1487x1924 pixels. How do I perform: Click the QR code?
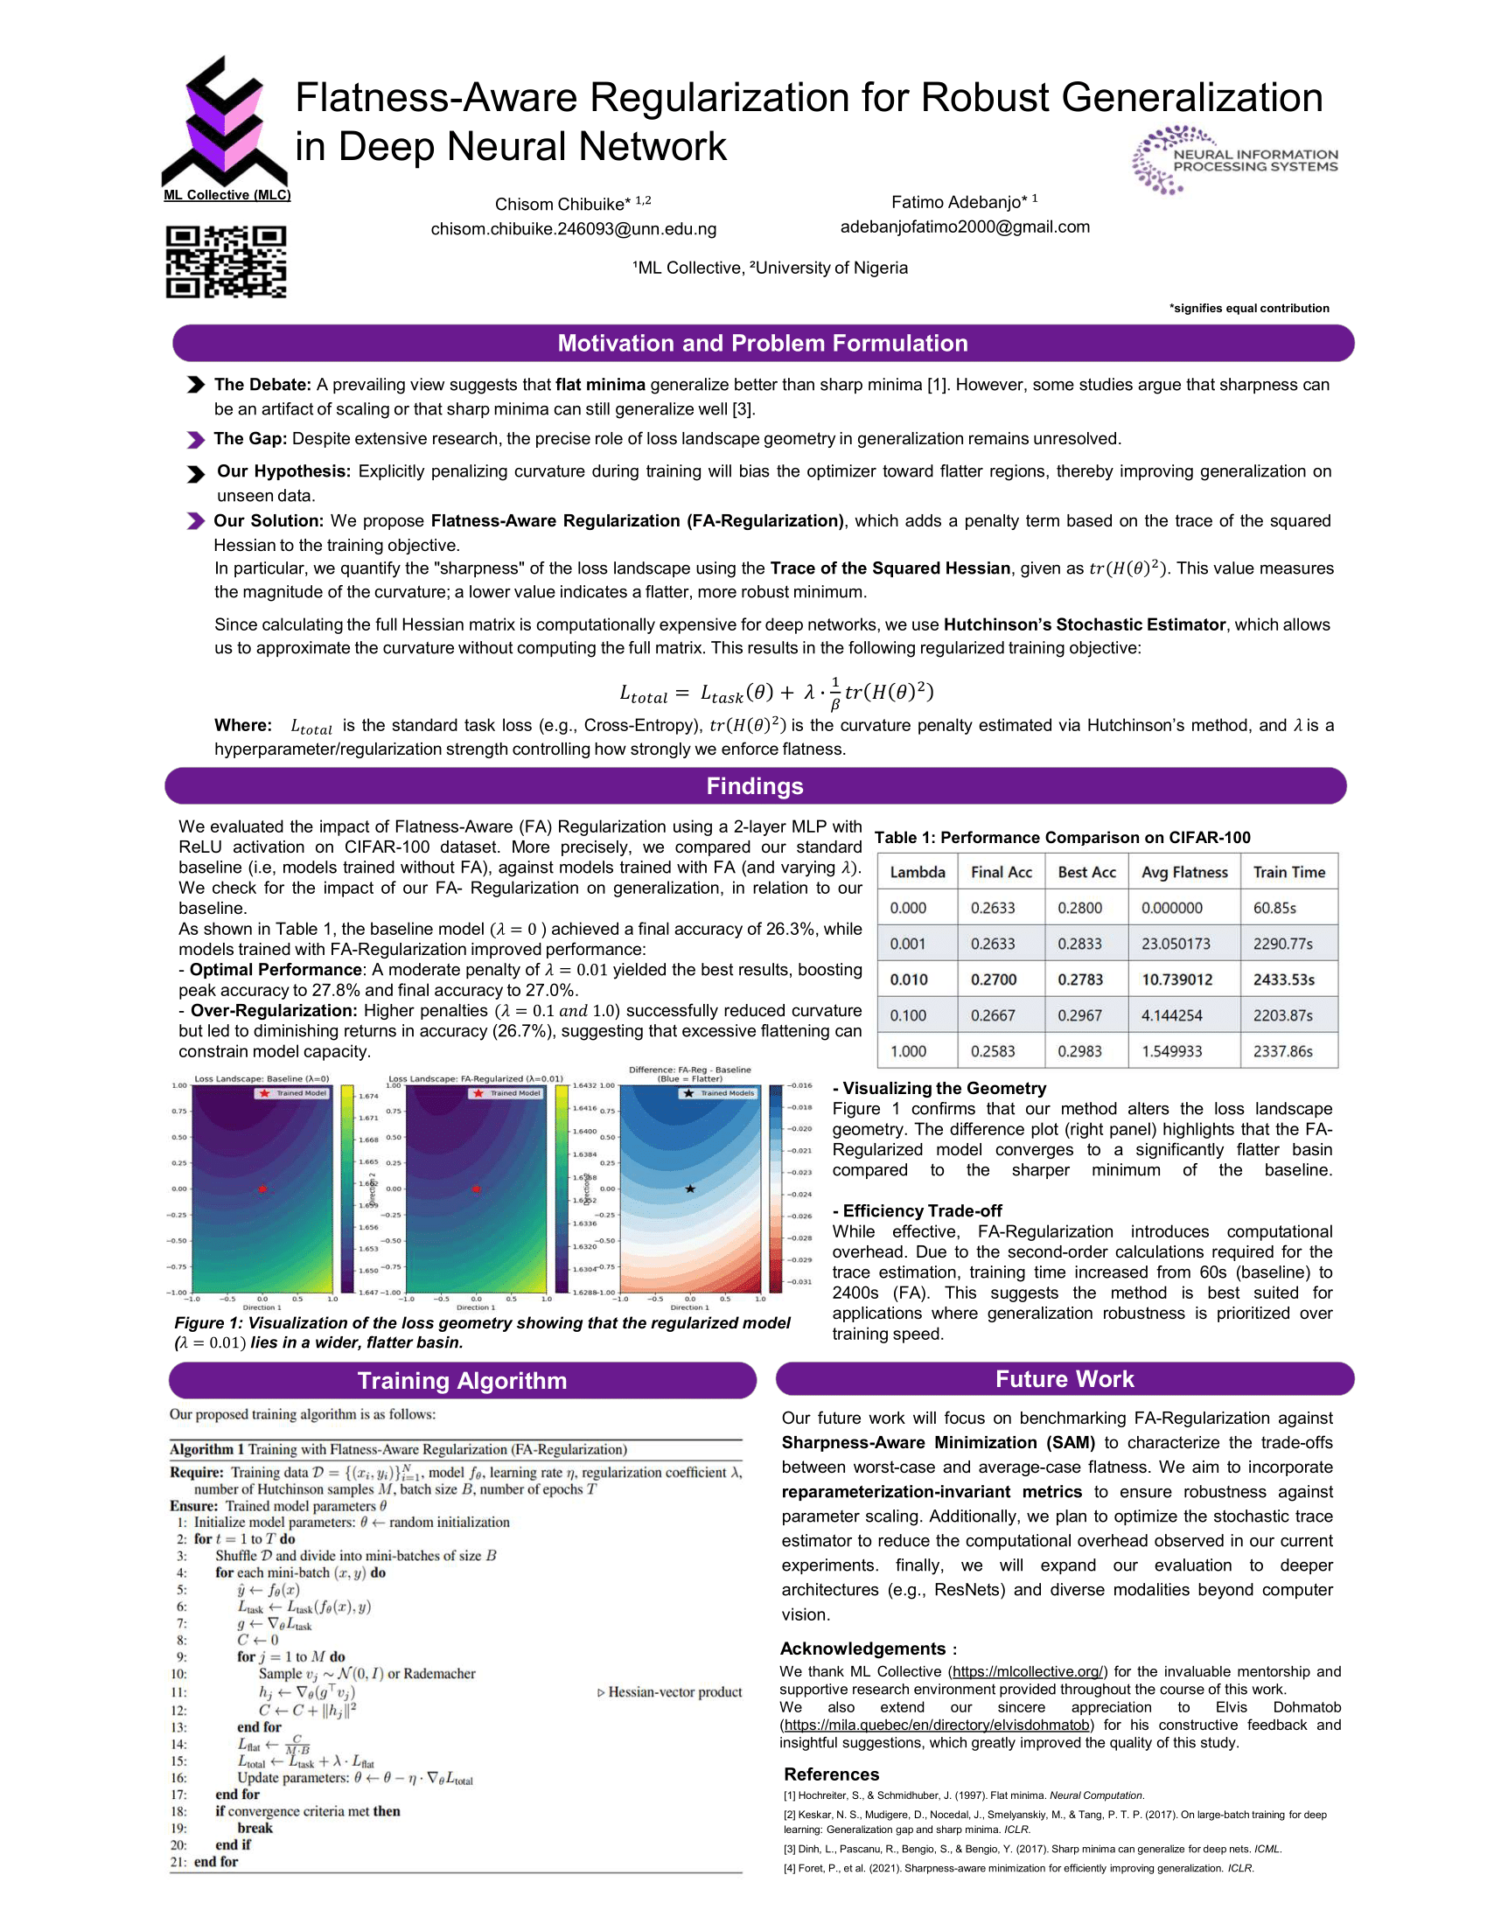pos(226,261)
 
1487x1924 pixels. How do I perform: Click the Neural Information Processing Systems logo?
pos(1234,160)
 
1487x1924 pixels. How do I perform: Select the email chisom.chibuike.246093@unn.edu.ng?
pos(573,229)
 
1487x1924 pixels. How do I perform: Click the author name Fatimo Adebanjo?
pos(959,203)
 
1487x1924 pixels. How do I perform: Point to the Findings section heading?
pos(755,786)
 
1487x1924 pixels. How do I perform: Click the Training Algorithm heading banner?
pos(462,1380)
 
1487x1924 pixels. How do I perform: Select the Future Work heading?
pos(1065,1378)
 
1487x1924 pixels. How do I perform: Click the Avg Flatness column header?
pos(1184,872)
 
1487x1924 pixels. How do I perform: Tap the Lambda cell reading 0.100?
pos(907,1015)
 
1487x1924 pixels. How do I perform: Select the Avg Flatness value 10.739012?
pos(1176,979)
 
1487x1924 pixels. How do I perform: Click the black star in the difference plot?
pos(690,1189)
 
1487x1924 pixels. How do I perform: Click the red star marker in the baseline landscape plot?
pos(262,1189)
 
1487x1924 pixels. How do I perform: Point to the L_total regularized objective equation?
pos(776,693)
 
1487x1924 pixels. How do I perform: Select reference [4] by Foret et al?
pos(1017,1868)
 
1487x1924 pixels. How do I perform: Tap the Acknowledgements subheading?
pos(862,1649)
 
